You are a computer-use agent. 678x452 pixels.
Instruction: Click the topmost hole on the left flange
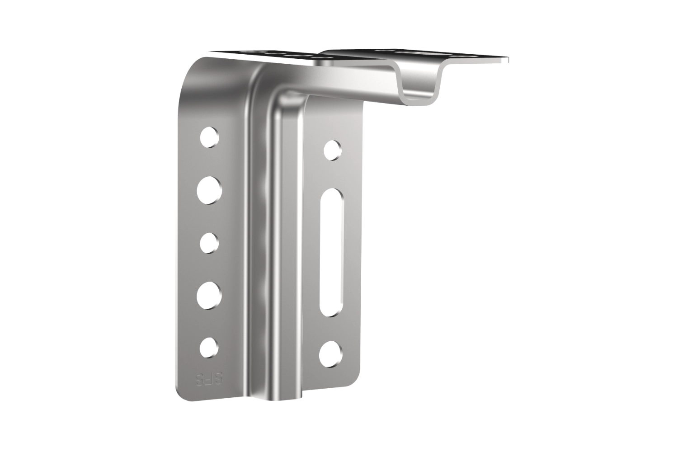tap(209, 137)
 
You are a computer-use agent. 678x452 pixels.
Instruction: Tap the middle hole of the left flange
tap(209, 242)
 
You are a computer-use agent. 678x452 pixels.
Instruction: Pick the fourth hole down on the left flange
tap(210, 295)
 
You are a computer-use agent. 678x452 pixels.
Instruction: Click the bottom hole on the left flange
tap(208, 347)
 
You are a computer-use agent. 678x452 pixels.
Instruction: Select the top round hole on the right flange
tap(332, 150)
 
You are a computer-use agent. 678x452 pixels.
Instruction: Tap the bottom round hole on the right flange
tap(330, 353)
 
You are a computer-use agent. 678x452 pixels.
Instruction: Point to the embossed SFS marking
tap(210, 379)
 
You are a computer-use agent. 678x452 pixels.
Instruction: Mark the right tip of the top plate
tap(507, 59)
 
